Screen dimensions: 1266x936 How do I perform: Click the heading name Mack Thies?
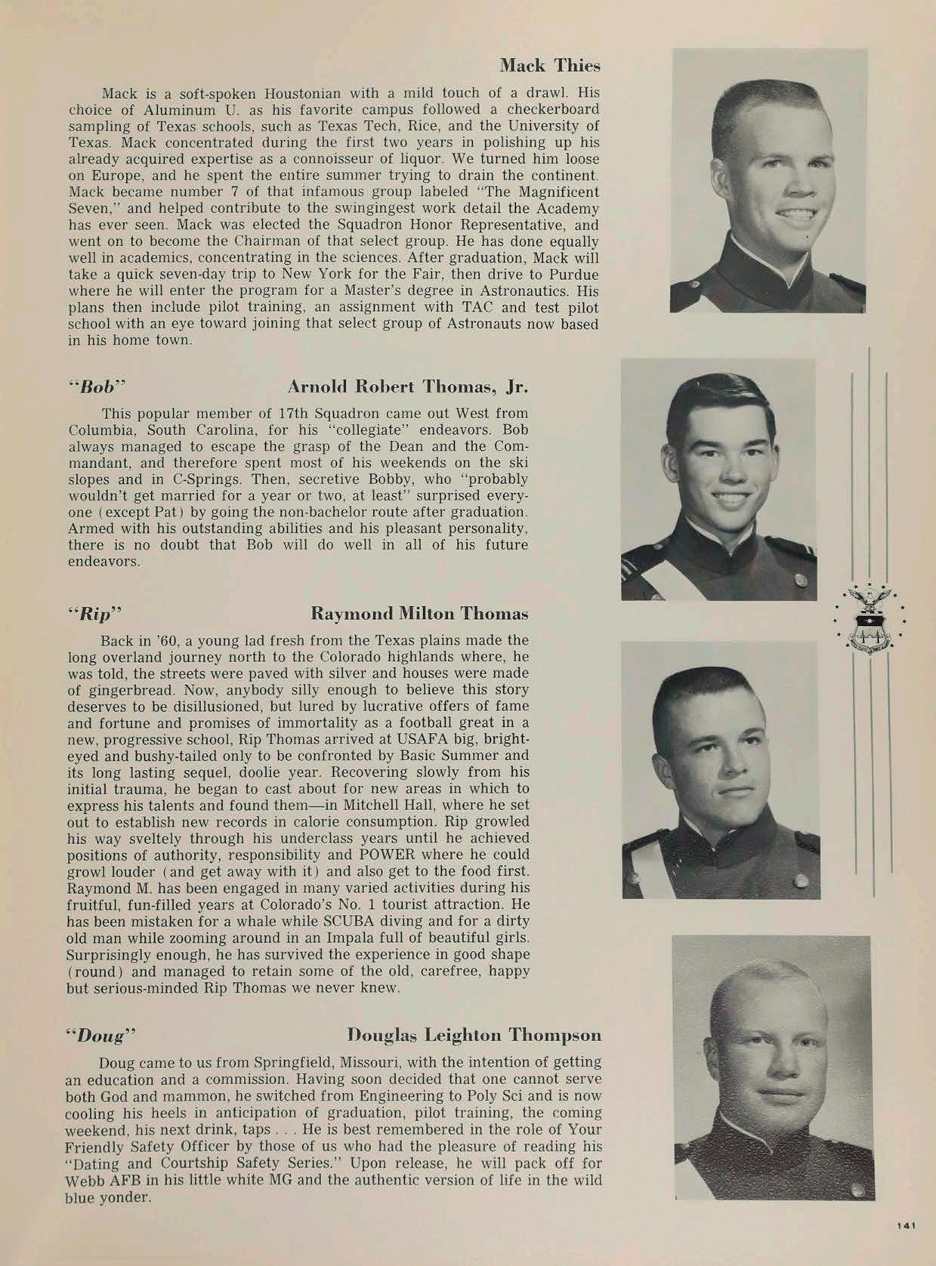pyautogui.click(x=550, y=66)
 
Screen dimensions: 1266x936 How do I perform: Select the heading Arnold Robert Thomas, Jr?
pyautogui.click(x=407, y=387)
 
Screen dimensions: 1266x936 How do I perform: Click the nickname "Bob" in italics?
pyautogui.click(x=97, y=388)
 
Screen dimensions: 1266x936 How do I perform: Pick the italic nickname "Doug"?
pyautogui.click(x=101, y=1034)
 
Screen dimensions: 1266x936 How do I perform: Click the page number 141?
pyautogui.click(x=906, y=1227)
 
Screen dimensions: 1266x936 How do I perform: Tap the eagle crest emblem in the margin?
pyautogui.click(x=870, y=618)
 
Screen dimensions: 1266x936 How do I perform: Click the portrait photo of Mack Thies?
pyautogui.click(x=768, y=181)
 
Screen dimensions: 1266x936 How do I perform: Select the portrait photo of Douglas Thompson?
pyautogui.click(x=772, y=1067)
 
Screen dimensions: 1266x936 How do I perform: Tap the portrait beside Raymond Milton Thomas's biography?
pyautogui.click(x=719, y=770)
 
